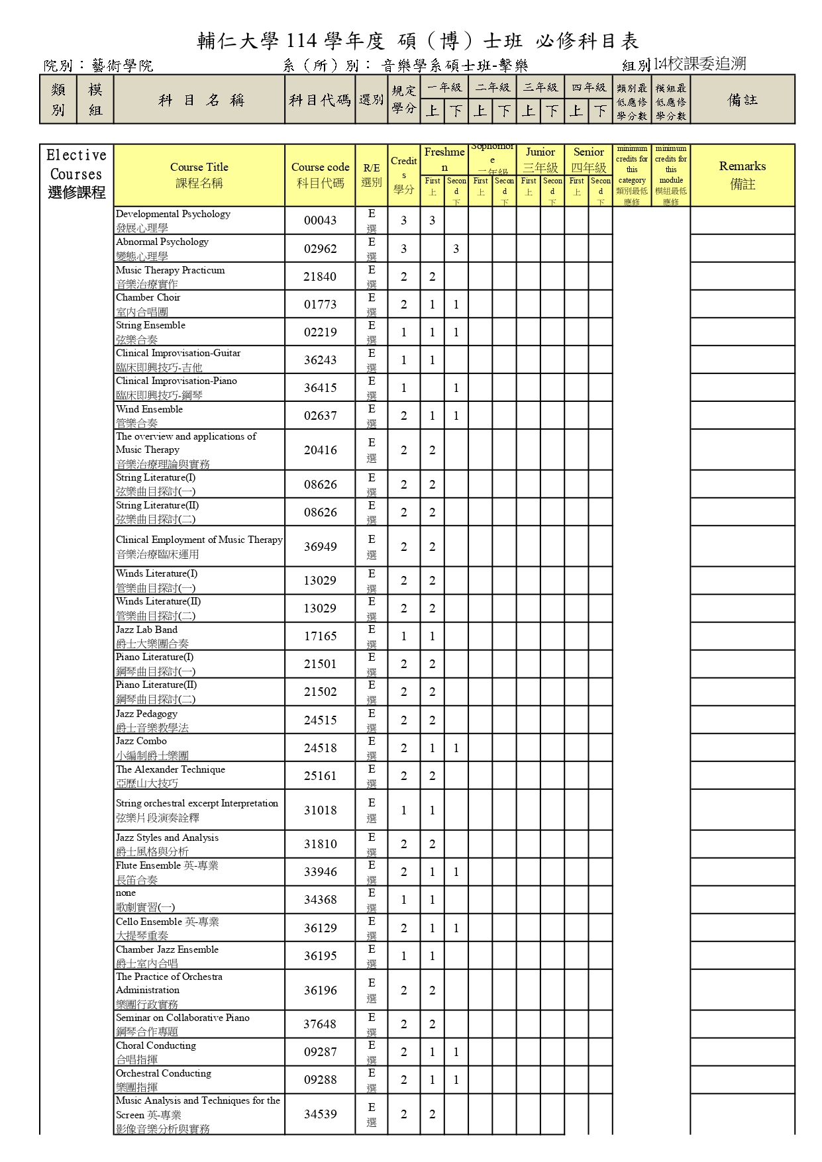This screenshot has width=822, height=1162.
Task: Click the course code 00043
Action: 320,220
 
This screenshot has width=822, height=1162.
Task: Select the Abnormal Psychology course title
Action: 162,248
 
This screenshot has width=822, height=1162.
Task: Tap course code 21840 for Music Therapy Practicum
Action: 320,277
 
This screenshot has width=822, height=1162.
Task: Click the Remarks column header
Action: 743,175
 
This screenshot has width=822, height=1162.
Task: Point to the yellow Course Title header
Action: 199,175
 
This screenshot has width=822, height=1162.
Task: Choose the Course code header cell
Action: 320,175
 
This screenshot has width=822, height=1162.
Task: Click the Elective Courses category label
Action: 76,174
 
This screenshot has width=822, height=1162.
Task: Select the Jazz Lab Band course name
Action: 147,636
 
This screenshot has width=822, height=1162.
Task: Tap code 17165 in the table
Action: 320,636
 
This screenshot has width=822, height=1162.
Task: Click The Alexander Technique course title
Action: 170,775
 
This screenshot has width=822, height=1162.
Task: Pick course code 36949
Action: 320,547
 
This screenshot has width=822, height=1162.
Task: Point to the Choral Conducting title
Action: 156,1051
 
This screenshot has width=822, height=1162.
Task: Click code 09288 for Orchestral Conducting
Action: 320,1080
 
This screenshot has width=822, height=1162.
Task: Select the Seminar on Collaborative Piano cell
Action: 183,1024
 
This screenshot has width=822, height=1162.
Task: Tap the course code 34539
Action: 320,1114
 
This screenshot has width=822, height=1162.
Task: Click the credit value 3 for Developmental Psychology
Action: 404,220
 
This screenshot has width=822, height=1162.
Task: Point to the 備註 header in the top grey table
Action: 743,99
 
